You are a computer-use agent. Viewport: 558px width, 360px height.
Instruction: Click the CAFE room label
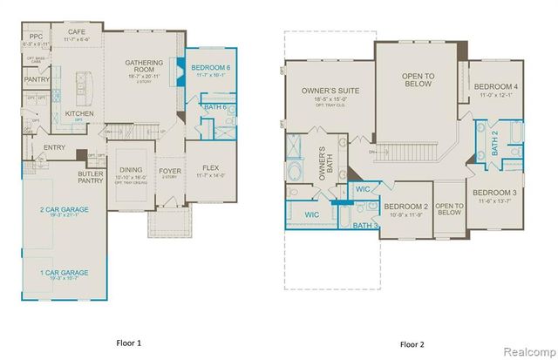pyautogui.click(x=76, y=32)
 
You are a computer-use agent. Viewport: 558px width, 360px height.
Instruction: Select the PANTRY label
pyautogui.click(x=37, y=79)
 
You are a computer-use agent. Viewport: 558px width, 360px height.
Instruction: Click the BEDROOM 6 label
pyautogui.click(x=210, y=68)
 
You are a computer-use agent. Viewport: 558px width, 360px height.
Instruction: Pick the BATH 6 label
pyautogui.click(x=215, y=107)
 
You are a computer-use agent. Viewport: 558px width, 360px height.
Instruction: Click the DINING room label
pyautogui.click(x=131, y=170)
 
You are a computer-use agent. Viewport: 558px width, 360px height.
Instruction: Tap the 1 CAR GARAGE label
pyautogui.click(x=65, y=274)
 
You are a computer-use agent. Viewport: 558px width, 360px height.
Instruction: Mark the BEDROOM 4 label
pyautogui.click(x=496, y=86)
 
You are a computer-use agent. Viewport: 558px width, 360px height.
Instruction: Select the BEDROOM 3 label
pyautogui.click(x=494, y=192)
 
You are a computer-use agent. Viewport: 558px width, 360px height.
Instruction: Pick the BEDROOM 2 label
pyautogui.click(x=408, y=206)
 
